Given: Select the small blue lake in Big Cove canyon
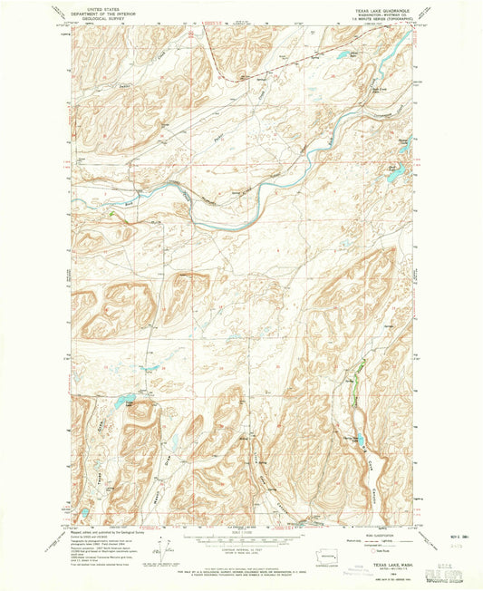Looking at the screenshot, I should click(x=354, y=437).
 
